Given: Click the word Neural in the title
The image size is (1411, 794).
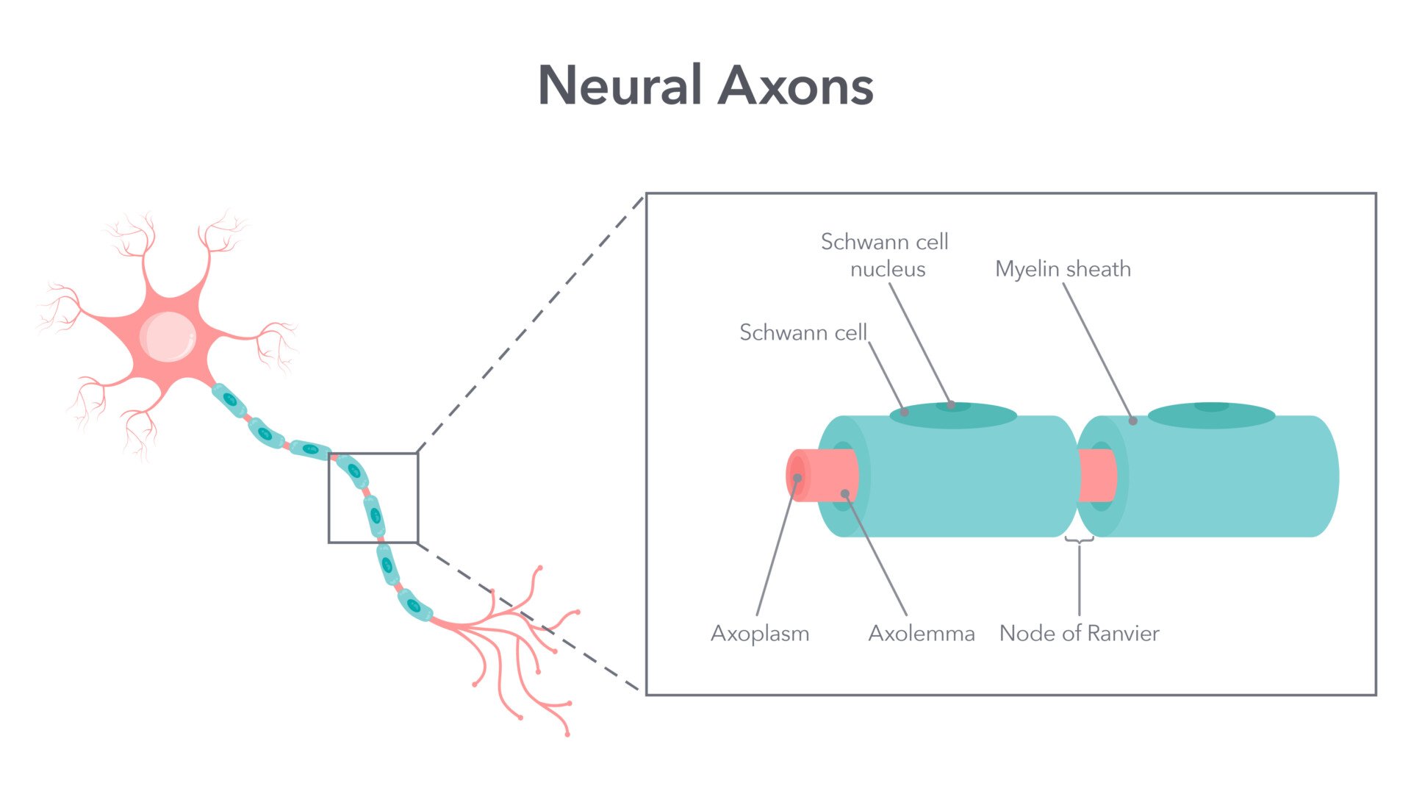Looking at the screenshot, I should click(x=620, y=86).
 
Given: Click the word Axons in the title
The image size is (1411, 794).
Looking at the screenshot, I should click(x=795, y=86).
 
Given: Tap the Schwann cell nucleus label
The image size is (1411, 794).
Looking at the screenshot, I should click(x=885, y=255).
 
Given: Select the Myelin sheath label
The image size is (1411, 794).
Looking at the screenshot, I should click(x=1063, y=269).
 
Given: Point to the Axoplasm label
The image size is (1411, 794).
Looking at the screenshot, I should click(x=760, y=633).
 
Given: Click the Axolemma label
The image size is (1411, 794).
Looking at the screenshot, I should click(x=922, y=633).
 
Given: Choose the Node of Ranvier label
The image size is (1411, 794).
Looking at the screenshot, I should click(x=1079, y=633).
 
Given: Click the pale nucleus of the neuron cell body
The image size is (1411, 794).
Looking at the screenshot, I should click(x=168, y=337).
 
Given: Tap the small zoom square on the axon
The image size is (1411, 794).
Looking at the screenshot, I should click(x=373, y=498).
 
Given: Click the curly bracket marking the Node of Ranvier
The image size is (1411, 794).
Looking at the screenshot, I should click(x=1079, y=540).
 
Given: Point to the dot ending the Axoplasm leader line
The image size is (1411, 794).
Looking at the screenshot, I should click(x=797, y=478).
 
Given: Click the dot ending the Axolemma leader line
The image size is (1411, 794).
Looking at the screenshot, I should click(x=845, y=493).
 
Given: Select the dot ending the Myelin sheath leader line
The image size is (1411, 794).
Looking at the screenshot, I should click(x=1133, y=421).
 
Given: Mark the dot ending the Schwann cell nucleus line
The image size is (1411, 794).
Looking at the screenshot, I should click(x=951, y=404).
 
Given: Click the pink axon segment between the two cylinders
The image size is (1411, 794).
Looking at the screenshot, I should click(x=1096, y=475).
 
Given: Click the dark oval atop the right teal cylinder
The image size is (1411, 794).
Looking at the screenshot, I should click(x=1211, y=415).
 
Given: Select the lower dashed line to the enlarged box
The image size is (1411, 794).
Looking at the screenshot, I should click(x=529, y=618).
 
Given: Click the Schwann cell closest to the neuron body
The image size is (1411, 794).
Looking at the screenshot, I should click(x=230, y=400).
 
